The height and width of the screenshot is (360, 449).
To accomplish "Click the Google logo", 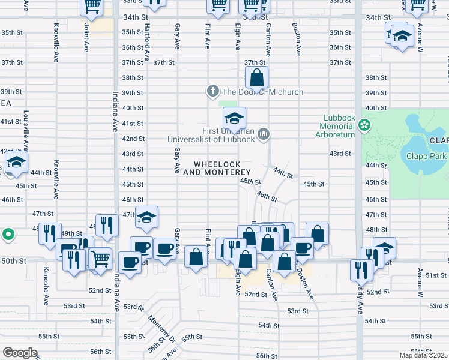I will click(x=20, y=353).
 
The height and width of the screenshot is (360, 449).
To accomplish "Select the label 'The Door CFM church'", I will click(x=262, y=92).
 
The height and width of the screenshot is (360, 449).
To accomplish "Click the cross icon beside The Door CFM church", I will click(x=212, y=92).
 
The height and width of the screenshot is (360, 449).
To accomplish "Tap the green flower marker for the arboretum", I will click(x=363, y=125).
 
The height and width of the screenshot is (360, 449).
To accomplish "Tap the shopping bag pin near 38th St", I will click(x=257, y=78).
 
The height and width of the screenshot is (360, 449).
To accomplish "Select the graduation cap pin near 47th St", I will click(x=146, y=219).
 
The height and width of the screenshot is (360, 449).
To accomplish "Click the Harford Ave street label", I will click(x=146, y=42).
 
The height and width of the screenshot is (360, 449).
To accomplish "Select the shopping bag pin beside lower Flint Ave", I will click(x=196, y=257).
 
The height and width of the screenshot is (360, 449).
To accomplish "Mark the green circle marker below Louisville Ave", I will click(x=8, y=234).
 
